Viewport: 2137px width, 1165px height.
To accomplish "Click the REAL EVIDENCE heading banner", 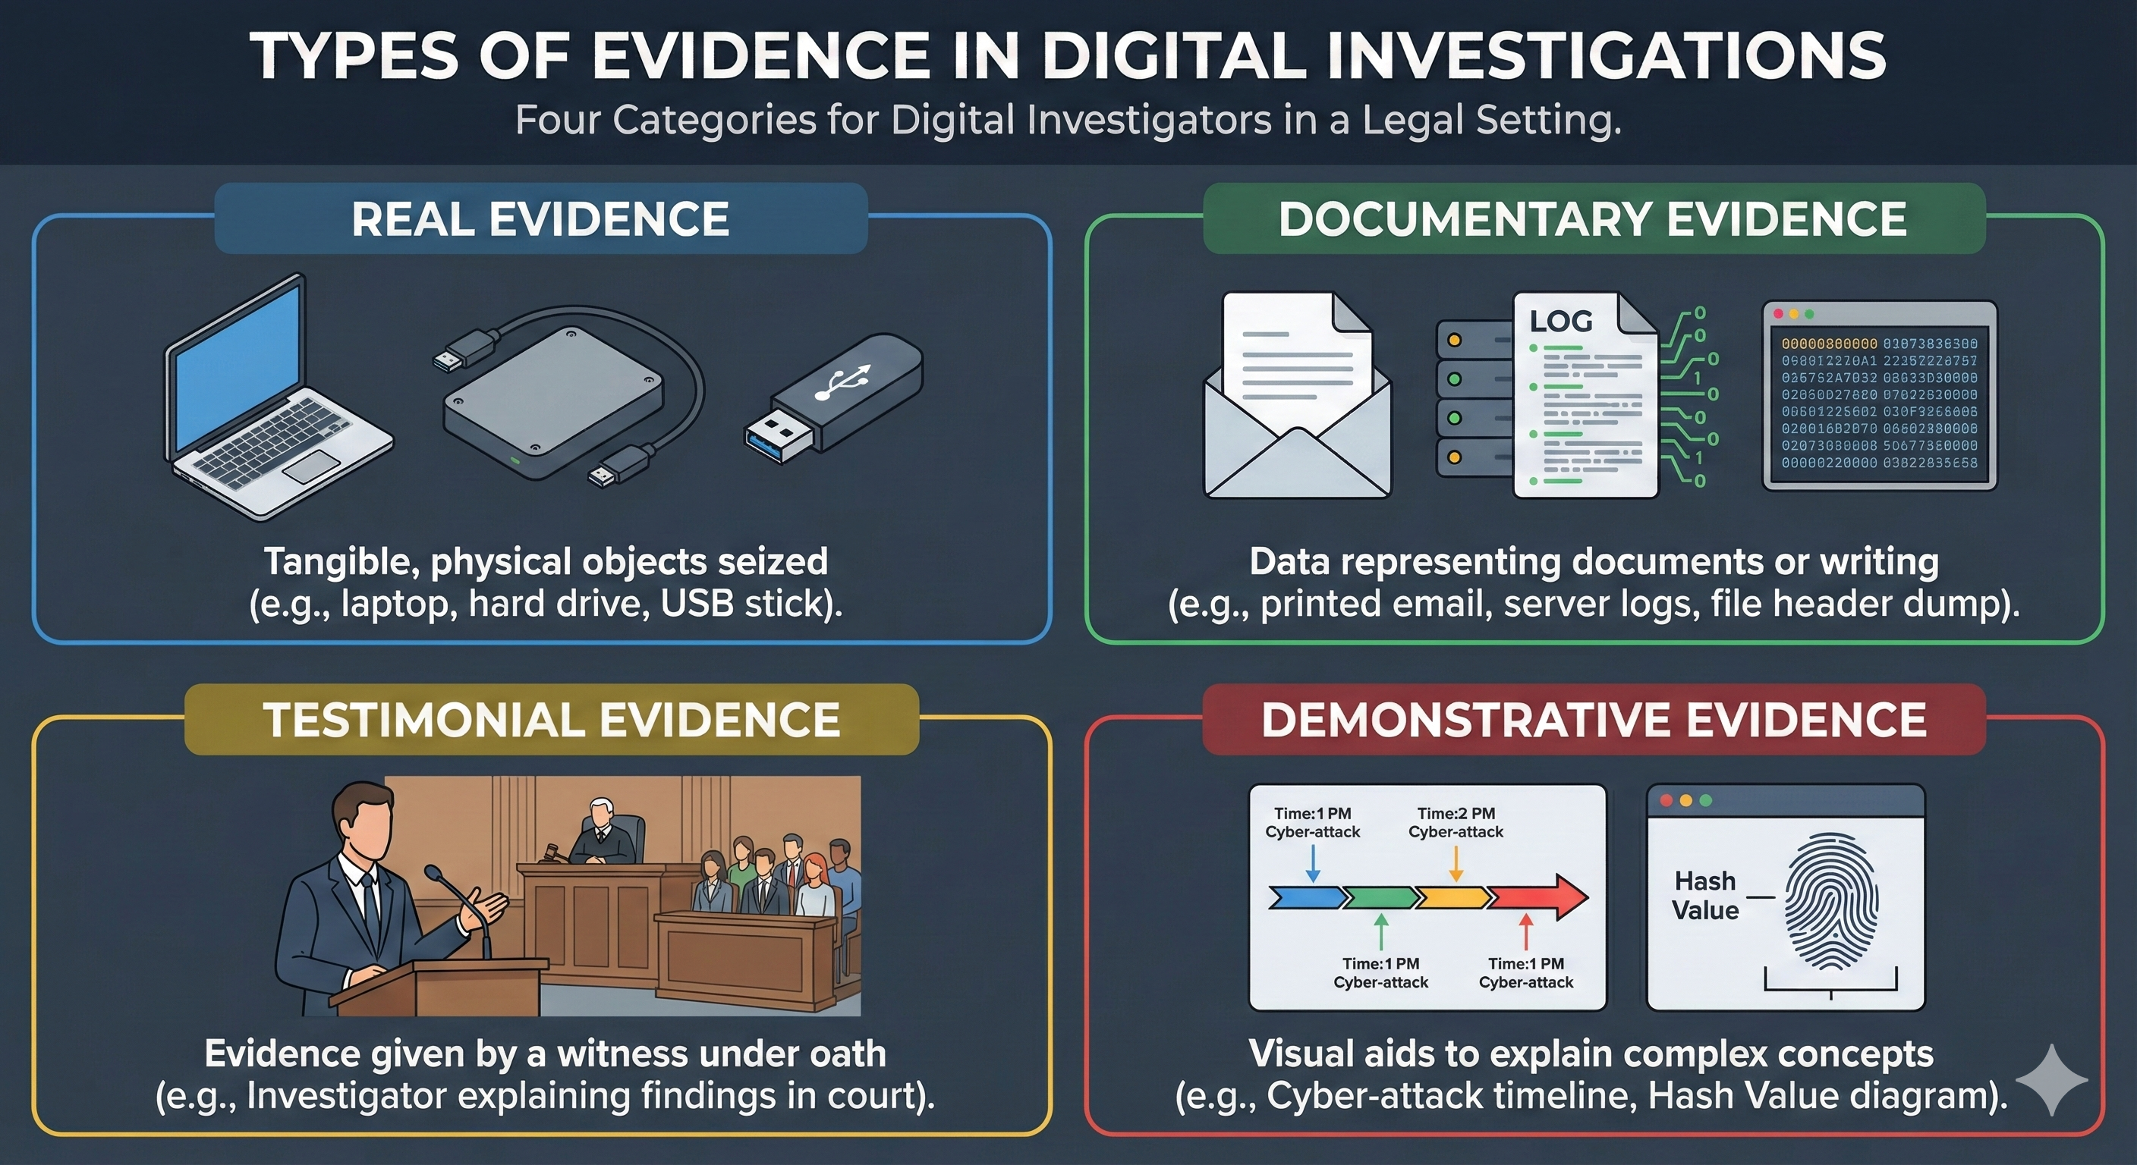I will click(540, 219).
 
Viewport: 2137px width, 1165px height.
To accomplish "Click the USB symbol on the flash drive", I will click(843, 383).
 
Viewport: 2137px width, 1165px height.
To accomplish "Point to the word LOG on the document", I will click(1560, 321).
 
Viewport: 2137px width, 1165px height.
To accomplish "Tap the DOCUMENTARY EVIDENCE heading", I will click(1593, 219).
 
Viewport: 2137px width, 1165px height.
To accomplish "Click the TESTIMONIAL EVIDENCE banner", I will click(552, 719).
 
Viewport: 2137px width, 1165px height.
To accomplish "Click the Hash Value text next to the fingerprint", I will click(1704, 895).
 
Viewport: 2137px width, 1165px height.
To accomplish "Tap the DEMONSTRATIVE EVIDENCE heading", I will click(1593, 719).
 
